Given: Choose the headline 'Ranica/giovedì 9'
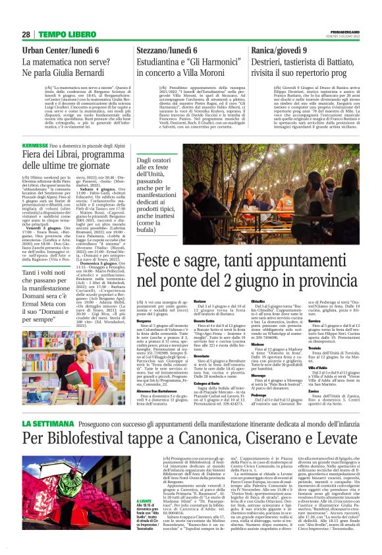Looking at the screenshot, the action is click(x=291, y=50).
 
